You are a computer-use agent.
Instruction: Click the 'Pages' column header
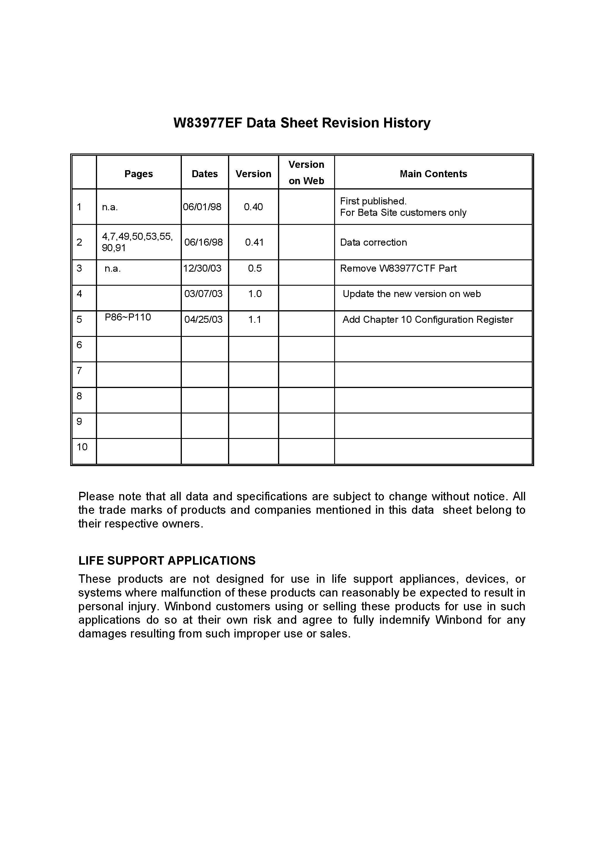pyautogui.click(x=139, y=174)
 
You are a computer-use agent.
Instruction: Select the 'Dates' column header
pyautogui.click(x=204, y=174)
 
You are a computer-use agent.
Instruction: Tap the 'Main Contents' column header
pyautogui.click(x=433, y=174)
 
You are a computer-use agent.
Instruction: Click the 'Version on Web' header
pyautogui.click(x=306, y=173)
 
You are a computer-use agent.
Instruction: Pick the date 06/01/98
pyautogui.click(x=202, y=207)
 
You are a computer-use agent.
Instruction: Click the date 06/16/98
pyautogui.click(x=203, y=242)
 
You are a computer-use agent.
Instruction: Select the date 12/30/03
pyautogui.click(x=202, y=268)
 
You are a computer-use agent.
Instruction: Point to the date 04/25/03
pyautogui.click(x=203, y=320)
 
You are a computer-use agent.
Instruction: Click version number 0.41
pyautogui.click(x=254, y=242)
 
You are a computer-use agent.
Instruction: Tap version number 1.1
pyautogui.click(x=255, y=320)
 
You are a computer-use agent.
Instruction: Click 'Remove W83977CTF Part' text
pyautogui.click(x=398, y=268)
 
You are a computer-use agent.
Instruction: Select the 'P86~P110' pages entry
pyautogui.click(x=128, y=317)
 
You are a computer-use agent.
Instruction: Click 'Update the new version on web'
pyautogui.click(x=411, y=294)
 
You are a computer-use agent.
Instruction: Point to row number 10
pyautogui.click(x=82, y=447)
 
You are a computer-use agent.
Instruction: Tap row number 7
pyautogui.click(x=79, y=370)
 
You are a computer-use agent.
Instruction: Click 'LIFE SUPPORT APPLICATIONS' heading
pyautogui.click(x=167, y=561)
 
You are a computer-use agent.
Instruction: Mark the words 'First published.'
pyautogui.click(x=373, y=201)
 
